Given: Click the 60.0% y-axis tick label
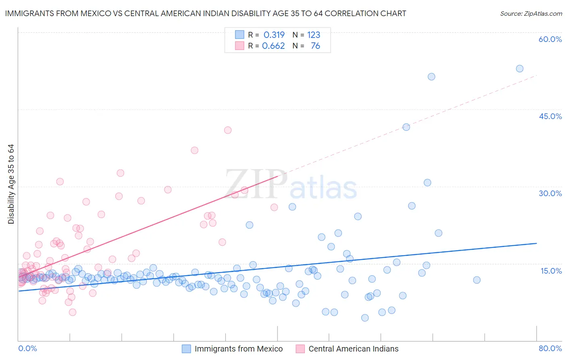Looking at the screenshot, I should coord(550,39).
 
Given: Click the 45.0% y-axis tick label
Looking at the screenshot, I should coord(550,116).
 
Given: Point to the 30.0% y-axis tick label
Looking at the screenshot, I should coord(550,193).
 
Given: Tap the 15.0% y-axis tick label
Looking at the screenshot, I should coord(551,270).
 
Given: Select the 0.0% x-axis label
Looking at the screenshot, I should coord(27,348).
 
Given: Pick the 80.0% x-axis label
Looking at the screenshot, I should coord(550,348).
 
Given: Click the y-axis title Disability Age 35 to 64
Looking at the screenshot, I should coord(11,184).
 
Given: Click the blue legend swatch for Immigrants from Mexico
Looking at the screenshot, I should coord(186,349).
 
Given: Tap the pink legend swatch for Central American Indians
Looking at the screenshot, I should coord(300,349).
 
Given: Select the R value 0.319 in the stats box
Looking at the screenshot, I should coord(274,35).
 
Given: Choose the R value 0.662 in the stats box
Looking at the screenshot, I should coord(273,46).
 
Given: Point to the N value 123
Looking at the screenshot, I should coord(313,35).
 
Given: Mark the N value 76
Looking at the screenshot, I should coord(315,46).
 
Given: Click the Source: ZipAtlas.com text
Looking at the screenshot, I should coord(531,14).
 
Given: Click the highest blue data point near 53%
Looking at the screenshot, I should coord(519,69).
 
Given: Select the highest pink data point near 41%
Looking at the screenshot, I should coord(228,130).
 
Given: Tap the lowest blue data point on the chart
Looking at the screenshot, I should coord(365,318).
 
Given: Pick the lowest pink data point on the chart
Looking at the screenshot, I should coord(73,312).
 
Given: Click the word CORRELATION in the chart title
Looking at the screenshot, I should coord(349,14).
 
